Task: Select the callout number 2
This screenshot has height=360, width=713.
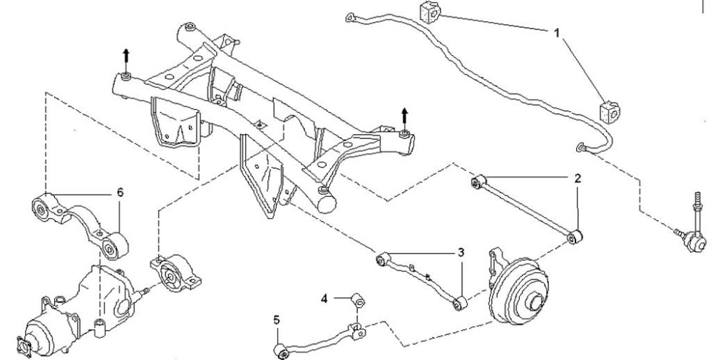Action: pyautogui.click(x=578, y=178)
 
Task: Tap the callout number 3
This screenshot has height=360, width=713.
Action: pyautogui.click(x=461, y=253)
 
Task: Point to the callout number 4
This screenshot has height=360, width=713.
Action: pyautogui.click(x=324, y=299)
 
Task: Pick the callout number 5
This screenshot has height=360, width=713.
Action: pyautogui.click(x=277, y=320)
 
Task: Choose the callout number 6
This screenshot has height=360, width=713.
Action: pyautogui.click(x=120, y=192)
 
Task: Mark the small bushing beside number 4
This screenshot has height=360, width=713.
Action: pyautogui.click(x=358, y=300)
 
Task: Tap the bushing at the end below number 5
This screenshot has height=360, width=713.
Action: pyautogui.click(x=281, y=351)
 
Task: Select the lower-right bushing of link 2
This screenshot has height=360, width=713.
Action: pyautogui.click(x=575, y=237)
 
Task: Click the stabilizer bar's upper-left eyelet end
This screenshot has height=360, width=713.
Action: pyautogui.click(x=351, y=18)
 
